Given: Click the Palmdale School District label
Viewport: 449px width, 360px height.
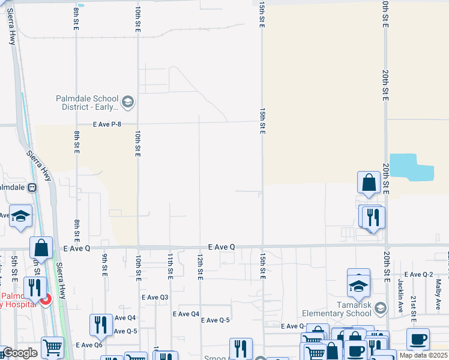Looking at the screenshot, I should click(x=87, y=103).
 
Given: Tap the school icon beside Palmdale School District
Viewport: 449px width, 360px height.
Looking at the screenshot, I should click(x=127, y=102).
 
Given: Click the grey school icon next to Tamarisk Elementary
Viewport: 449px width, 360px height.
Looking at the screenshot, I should click(x=379, y=308).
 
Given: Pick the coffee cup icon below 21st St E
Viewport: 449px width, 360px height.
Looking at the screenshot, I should click(x=418, y=338).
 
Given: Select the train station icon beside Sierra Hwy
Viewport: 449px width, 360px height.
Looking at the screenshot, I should click(x=32, y=187).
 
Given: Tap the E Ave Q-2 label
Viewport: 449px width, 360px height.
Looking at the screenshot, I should click(x=420, y=274).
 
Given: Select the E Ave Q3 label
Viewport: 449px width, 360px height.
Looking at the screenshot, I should click(x=155, y=297).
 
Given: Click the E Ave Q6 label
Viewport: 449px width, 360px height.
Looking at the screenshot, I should click(x=89, y=345).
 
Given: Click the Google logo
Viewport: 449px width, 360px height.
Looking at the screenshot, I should click(x=20, y=353).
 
